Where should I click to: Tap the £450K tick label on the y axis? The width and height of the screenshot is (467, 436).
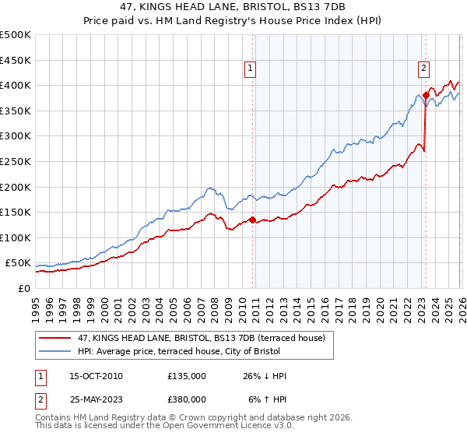coord(16,60)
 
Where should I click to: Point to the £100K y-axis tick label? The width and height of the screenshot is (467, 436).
coord(16,237)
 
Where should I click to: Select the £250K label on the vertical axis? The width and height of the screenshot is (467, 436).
coord(16,161)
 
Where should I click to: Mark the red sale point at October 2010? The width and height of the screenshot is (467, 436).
coord(252,220)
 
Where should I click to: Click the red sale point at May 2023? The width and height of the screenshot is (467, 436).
coord(426,95)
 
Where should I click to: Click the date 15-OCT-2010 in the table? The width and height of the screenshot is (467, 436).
coord(96,376)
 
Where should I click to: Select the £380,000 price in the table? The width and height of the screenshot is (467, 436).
coord(187,398)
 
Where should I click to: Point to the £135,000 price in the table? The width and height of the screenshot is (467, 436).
coord(187,376)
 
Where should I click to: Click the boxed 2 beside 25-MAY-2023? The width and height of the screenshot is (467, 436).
coord(41,398)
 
